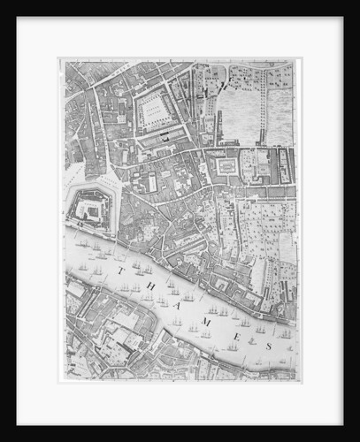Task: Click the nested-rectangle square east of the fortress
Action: (226, 165)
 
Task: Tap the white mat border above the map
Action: (180, 37)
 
